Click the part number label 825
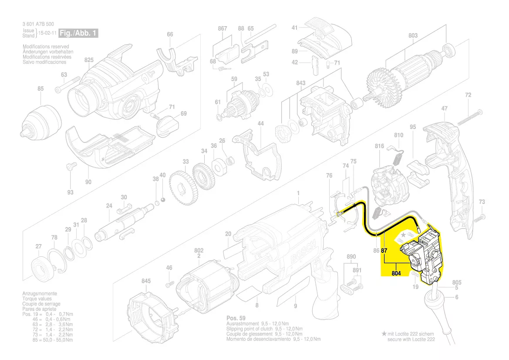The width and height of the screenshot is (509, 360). click(x=89, y=60)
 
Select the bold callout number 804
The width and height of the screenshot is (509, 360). click(x=396, y=274)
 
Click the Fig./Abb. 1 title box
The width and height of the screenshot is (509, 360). click(x=79, y=33)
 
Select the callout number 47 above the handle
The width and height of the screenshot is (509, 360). click(x=444, y=108)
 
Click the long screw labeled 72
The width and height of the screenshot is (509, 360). click(x=469, y=117)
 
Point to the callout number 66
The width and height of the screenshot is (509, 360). click(x=170, y=34)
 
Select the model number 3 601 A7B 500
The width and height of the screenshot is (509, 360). click(x=38, y=24)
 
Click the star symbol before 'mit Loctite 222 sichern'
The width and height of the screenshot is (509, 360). click(x=384, y=333)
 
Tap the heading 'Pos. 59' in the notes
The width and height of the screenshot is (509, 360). click(x=236, y=318)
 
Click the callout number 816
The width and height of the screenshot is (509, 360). click(x=379, y=146)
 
